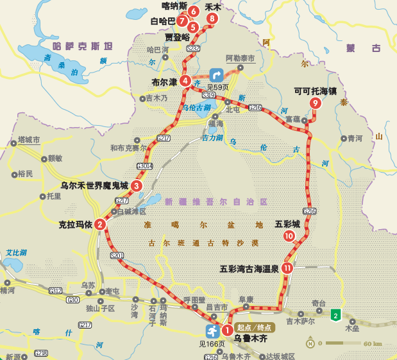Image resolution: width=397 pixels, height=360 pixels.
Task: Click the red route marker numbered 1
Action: (226, 330)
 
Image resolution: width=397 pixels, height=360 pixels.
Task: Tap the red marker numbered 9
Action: (315, 103)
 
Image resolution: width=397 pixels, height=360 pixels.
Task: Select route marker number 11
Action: (287, 268)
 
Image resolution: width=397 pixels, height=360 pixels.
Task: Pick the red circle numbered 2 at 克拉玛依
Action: (100, 225)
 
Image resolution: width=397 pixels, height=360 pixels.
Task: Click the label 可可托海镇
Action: (316, 91)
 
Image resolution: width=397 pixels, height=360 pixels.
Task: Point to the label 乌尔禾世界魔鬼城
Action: (94, 185)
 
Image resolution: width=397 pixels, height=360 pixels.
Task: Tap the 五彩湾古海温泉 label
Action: (249, 269)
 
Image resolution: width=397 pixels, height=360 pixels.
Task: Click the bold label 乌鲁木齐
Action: (250, 338)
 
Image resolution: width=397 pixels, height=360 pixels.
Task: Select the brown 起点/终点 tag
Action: (255, 327)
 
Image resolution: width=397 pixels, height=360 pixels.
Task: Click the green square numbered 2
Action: (335, 314)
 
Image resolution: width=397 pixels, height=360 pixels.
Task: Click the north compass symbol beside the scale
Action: (310, 343)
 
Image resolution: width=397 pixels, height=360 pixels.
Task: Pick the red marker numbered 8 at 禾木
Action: (212, 19)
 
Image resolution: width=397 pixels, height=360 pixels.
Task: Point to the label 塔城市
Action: (29, 139)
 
